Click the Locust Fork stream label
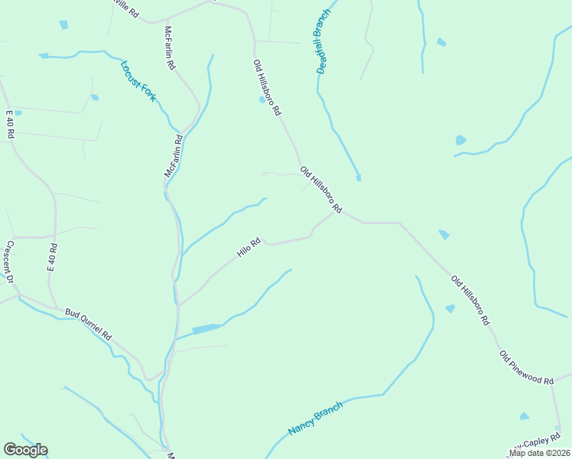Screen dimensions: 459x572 pyautogui.click(x=138, y=80)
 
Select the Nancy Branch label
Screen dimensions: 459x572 pyautogui.click(x=314, y=418)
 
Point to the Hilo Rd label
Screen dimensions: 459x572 pyautogui.click(x=249, y=247)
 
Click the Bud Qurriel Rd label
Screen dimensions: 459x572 pyautogui.click(x=89, y=324)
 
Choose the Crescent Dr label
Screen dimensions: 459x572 pyautogui.click(x=11, y=262)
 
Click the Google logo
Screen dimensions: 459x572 pyautogui.click(x=25, y=450)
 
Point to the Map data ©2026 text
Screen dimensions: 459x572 pyautogui.click(x=540, y=453)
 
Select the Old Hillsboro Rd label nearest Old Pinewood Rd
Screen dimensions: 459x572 pyautogui.click(x=470, y=301)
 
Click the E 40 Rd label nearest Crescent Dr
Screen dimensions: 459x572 pyautogui.click(x=53, y=259)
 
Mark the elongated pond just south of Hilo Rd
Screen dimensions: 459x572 pyautogui.click(x=206, y=329)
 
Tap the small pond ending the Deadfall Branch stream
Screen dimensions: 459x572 pyautogui.click(x=358, y=178)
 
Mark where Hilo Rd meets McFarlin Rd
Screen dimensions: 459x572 pyautogui.click(x=178, y=304)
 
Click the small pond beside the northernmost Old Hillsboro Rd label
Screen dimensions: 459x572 pyautogui.click(x=262, y=99)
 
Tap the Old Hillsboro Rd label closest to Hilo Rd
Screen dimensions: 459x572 pyautogui.click(x=320, y=190)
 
